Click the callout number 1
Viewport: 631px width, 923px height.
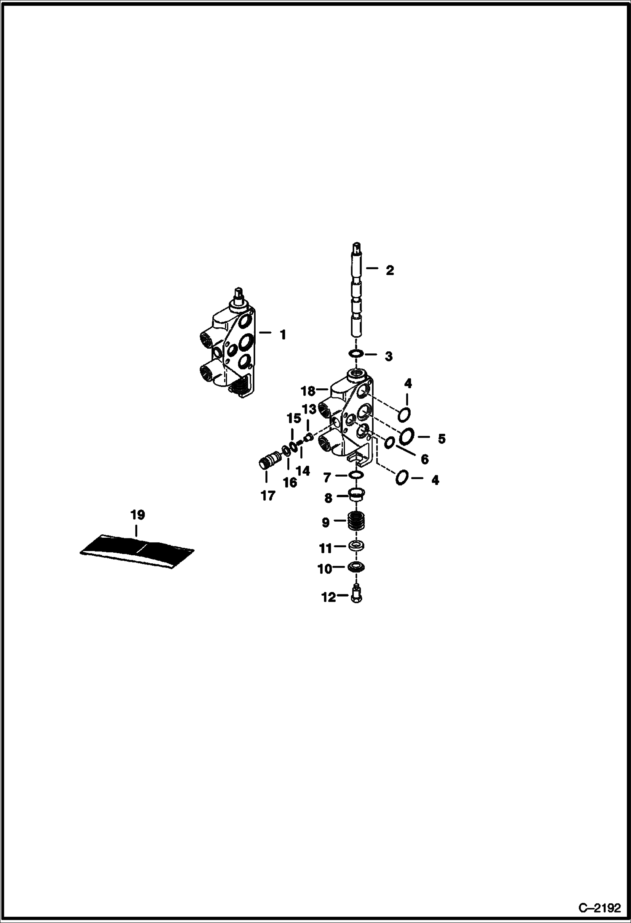point(283,335)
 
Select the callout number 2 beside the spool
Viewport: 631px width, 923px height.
point(390,271)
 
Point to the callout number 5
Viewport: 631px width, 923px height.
point(441,439)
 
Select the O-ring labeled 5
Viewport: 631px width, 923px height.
point(406,437)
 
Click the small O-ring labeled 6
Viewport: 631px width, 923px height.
point(390,443)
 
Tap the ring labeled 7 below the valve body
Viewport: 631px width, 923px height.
point(356,475)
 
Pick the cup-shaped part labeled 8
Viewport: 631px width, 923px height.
point(356,494)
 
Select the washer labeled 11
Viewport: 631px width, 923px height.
point(356,546)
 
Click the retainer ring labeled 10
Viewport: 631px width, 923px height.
point(356,568)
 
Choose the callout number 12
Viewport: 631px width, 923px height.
point(329,597)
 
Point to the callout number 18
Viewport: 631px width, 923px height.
point(308,391)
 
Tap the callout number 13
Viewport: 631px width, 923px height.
point(309,409)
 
